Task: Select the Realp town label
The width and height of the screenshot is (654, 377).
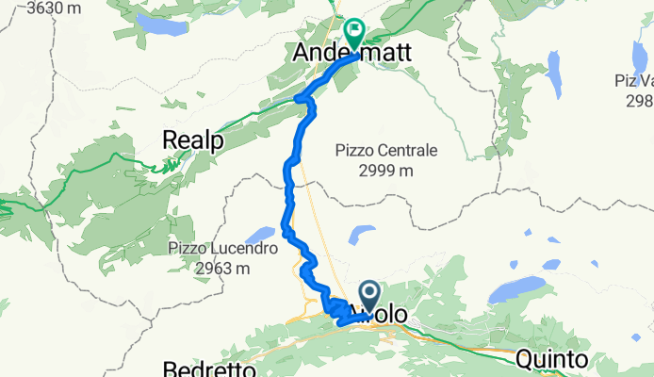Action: [x=192, y=139]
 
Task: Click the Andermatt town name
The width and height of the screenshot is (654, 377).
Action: [x=352, y=55]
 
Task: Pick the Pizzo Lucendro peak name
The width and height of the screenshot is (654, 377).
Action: [x=222, y=250]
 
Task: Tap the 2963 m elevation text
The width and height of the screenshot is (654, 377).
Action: [x=222, y=269]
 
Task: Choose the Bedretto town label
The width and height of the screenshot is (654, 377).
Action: [x=209, y=368]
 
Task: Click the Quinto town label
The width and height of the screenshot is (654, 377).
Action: [x=551, y=359]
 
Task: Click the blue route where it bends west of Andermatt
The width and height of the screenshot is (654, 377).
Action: [x=302, y=97]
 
